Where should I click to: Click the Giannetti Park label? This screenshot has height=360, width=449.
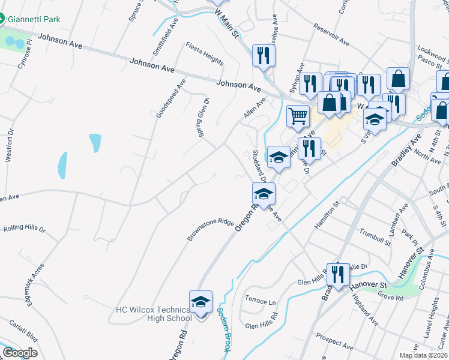(x=34, y=19)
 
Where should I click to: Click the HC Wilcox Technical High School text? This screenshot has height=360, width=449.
(x=153, y=314)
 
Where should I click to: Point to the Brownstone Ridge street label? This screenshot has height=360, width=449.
(x=210, y=230)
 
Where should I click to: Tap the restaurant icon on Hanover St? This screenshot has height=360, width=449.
(x=338, y=274)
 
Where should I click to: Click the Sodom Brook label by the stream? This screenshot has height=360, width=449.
(x=220, y=329)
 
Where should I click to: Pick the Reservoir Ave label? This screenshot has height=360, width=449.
(x=331, y=34)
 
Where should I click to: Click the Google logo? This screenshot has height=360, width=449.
(x=20, y=353)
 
